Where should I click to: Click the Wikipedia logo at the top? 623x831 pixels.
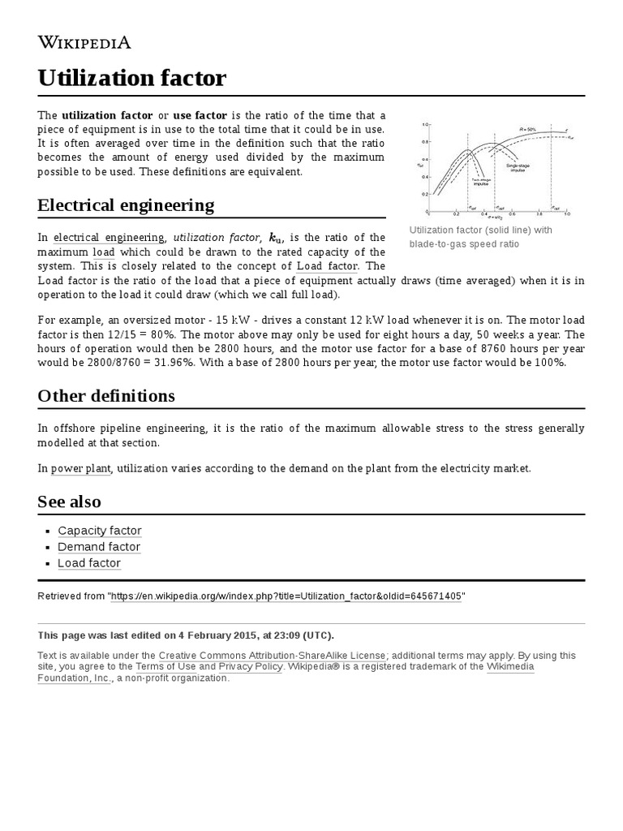[x=84, y=43]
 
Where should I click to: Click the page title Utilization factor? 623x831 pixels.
[x=131, y=79]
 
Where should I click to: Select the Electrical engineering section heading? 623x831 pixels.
[x=126, y=205]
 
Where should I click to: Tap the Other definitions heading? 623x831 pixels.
[x=106, y=396]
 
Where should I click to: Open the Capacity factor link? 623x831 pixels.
[x=100, y=531]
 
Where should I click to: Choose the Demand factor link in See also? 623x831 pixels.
[x=99, y=547]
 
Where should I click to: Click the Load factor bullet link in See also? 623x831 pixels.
[x=89, y=563]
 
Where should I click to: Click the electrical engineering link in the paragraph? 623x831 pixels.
[x=109, y=238]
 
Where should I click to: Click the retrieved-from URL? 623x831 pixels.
[x=286, y=596]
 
